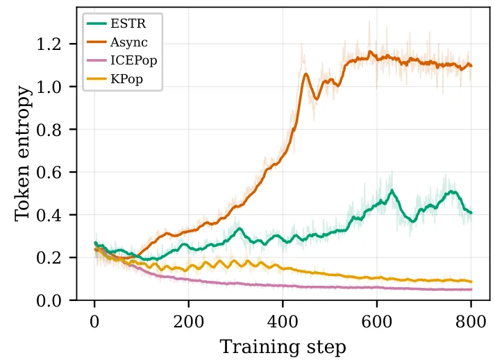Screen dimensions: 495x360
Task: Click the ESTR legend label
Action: click(128, 24)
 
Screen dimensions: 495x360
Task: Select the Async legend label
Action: click(129, 42)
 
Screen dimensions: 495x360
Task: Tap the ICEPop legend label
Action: click(133, 60)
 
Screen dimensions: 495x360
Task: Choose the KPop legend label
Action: click(126, 79)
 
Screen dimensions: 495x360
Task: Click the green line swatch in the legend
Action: click(97, 24)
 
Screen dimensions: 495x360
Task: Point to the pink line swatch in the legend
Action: click(97, 60)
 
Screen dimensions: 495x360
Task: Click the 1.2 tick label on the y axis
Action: click(49, 44)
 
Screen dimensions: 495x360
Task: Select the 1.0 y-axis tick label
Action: click(49, 87)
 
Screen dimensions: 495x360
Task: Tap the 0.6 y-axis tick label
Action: click(49, 172)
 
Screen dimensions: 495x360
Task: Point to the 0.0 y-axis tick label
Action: click(49, 300)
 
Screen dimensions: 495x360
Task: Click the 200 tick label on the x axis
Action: click(188, 322)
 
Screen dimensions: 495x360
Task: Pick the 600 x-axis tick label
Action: click(377, 322)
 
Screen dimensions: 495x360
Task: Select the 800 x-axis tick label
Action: click(471, 322)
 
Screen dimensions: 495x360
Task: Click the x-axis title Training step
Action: click(283, 347)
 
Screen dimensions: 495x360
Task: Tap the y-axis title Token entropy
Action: click(23, 154)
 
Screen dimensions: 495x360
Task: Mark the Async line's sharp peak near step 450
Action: click(305, 74)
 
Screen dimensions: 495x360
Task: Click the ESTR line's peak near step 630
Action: click(392, 190)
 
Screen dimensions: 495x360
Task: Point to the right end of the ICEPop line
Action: click(471, 289)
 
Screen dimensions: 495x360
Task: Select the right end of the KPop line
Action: click(471, 282)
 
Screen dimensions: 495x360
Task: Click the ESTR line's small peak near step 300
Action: click(240, 228)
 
